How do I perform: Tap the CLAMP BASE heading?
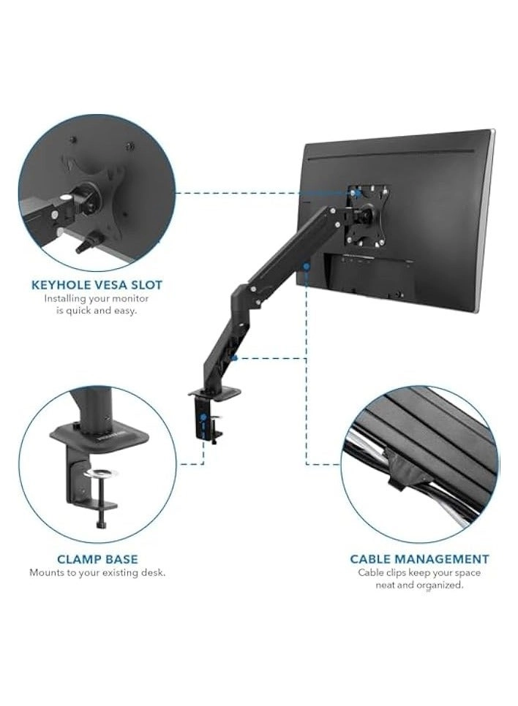[x=97, y=559]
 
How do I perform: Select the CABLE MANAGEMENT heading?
[x=419, y=559]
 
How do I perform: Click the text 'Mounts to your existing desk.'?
[x=97, y=572]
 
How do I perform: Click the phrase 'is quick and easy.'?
[x=97, y=310]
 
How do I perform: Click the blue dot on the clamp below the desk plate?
[x=202, y=418]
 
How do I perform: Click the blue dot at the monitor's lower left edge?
[x=306, y=267]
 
